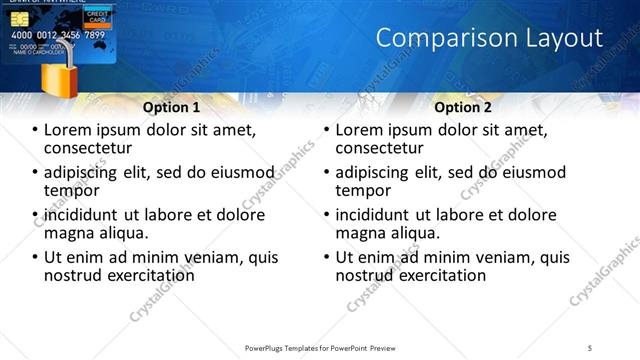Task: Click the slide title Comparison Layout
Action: (489, 39)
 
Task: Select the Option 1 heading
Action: (171, 107)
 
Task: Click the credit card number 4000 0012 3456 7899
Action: (57, 35)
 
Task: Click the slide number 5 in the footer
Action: (590, 347)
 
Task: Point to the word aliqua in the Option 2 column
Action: (415, 233)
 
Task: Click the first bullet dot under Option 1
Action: (36, 131)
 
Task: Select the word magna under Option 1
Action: (68, 233)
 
